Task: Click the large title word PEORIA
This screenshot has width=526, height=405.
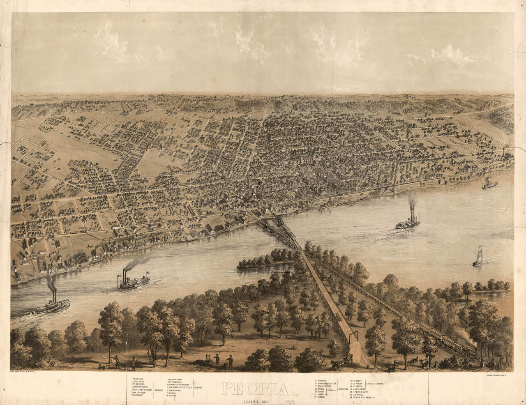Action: click(251, 387)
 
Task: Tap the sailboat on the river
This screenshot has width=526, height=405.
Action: click(478, 257)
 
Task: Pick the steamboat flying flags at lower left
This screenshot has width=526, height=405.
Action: click(134, 282)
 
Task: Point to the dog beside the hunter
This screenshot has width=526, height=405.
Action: click(101, 366)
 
